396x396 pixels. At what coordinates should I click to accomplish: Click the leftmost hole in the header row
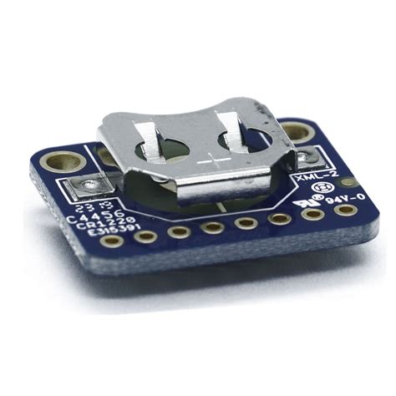(x=146, y=236)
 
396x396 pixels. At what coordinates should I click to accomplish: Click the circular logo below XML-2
(x=322, y=190)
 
